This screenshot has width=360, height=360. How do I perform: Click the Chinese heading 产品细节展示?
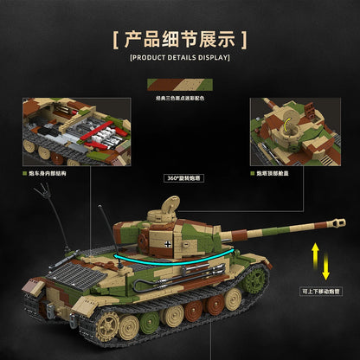pyautogui.click(x=180, y=40)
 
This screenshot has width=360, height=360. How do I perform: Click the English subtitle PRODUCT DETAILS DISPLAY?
pyautogui.click(x=180, y=58)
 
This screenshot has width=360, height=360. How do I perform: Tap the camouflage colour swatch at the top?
pyautogui.click(x=180, y=84)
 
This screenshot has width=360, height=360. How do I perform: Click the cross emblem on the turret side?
pyautogui.click(x=167, y=244)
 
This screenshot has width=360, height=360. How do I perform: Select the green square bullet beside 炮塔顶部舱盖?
pyautogui.click(x=254, y=172)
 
